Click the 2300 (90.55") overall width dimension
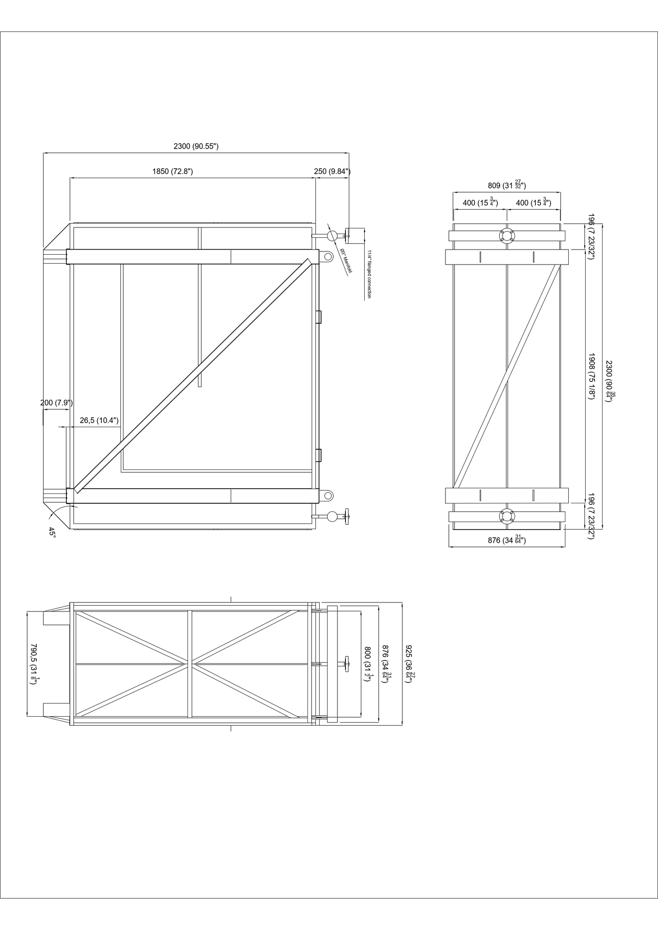point(196,146)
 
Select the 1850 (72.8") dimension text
point(172,172)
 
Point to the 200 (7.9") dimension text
point(56,403)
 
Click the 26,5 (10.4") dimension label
point(99,420)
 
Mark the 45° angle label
point(52,532)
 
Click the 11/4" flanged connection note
point(369,274)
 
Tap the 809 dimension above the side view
point(507,185)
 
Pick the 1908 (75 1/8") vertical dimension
point(592,376)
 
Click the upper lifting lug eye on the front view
point(327,256)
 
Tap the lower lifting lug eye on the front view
point(327,495)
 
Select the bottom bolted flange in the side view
point(507,516)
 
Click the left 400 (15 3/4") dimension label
point(480,203)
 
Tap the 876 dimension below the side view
point(507,540)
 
